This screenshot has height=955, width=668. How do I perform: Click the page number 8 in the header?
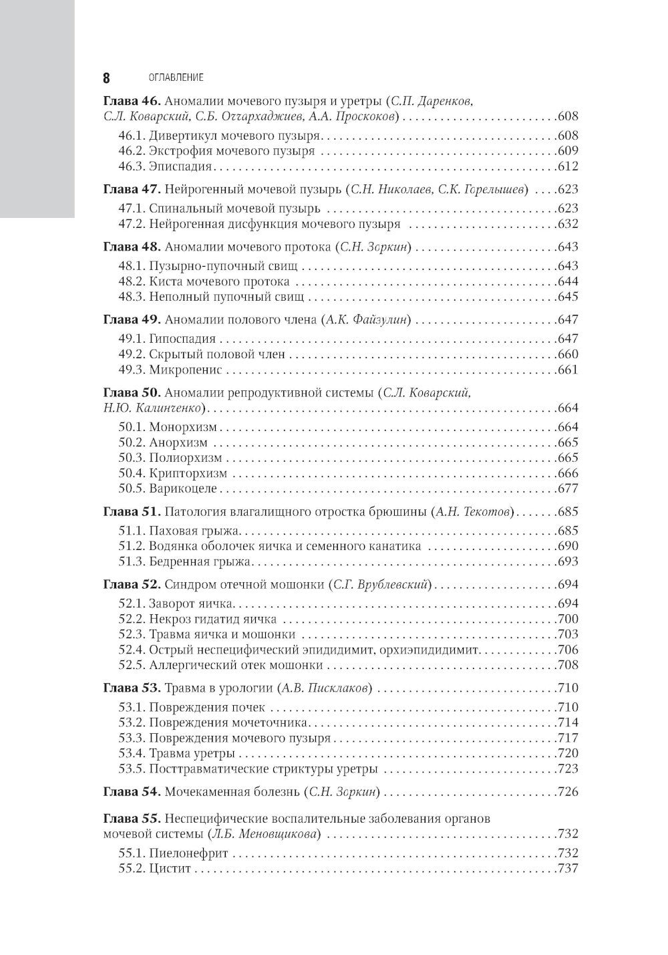coord(106,78)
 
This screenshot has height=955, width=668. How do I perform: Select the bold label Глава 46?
coord(130,102)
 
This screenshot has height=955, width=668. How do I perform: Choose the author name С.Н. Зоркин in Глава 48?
coord(374,247)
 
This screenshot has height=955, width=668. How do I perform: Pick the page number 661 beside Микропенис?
coord(567,370)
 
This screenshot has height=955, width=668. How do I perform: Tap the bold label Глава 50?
coord(130,392)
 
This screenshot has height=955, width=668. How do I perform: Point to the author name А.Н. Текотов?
coord(475,512)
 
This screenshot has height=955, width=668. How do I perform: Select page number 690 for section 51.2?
coord(567,546)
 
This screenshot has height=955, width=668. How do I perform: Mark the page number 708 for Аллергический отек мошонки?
coord(567,665)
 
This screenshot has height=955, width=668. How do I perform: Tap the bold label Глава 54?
coord(130,792)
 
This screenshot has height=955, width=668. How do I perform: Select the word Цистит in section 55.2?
coord(170,868)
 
